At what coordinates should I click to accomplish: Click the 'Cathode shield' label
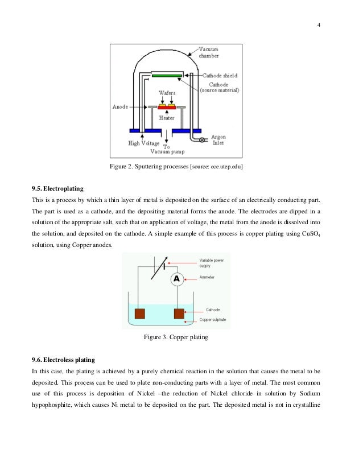220,75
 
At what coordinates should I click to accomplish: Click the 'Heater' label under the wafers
167,118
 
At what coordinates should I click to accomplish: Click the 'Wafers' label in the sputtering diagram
166,92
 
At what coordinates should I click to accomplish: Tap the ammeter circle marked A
176,279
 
